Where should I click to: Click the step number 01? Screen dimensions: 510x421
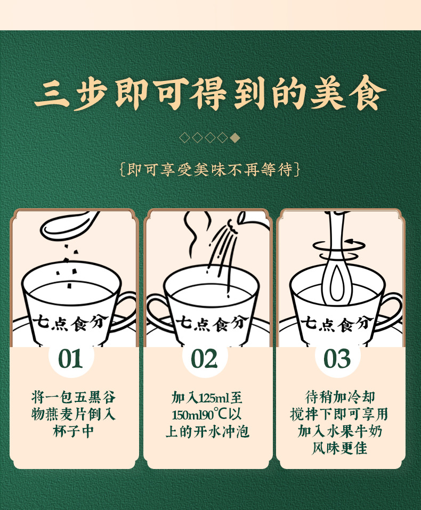71,359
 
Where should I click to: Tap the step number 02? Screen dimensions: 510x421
205,359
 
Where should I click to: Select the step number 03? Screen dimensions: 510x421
337,359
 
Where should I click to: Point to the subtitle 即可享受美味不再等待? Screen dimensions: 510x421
210,170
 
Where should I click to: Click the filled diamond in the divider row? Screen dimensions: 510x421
236,138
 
